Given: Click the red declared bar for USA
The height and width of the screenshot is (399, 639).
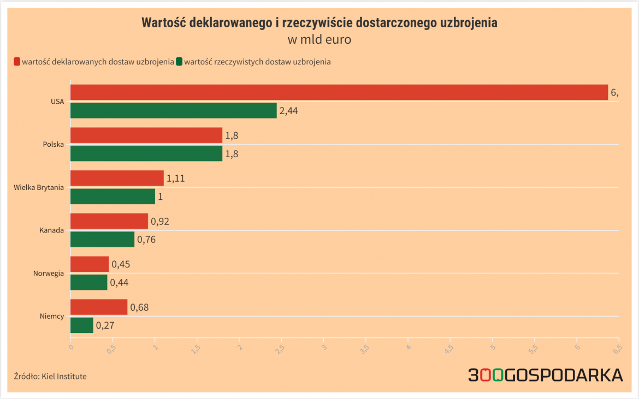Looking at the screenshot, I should [x=339, y=92].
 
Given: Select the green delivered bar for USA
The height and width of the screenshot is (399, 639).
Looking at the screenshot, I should [x=174, y=111].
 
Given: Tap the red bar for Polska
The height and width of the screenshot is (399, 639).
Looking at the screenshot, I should [x=146, y=135].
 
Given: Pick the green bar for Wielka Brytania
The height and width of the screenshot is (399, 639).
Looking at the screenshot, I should [x=113, y=196].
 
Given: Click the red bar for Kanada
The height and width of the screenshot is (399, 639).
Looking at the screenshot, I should [x=109, y=221].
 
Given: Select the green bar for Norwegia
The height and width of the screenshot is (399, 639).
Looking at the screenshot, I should [x=89, y=282].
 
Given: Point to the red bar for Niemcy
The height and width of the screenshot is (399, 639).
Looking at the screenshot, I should [x=99, y=307].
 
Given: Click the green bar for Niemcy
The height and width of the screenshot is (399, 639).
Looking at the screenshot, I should [x=82, y=325].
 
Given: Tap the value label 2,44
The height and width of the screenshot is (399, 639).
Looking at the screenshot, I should [x=288, y=111].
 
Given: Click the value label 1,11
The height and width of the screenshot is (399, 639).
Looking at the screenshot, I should [x=176, y=178].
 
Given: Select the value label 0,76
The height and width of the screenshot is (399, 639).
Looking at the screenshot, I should [x=146, y=239].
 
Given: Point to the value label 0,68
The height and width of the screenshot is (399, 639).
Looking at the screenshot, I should [x=139, y=307].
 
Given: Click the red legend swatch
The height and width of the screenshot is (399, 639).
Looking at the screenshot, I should [x=17, y=62].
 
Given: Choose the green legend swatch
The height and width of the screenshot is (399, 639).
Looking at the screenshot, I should [x=179, y=62].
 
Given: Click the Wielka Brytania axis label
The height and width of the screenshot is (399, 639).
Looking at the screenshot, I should [x=39, y=187].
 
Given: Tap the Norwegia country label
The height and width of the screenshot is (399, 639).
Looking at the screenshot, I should [x=49, y=273].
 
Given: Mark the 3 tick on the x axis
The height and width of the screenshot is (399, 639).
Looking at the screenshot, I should [x=324, y=347].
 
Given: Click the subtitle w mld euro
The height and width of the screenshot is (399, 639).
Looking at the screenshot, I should [x=319, y=39].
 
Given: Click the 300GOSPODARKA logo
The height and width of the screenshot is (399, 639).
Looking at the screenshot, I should [x=545, y=375].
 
